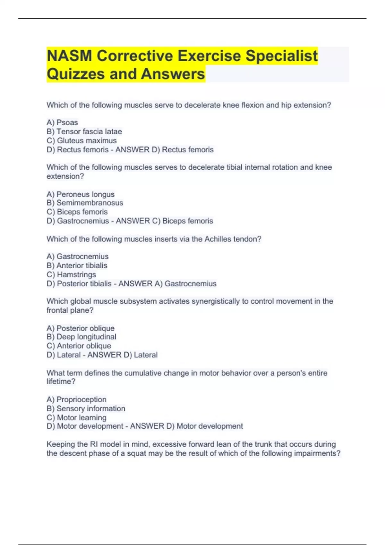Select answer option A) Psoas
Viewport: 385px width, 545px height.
click(x=62, y=122)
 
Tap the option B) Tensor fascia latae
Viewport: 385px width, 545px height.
click(x=84, y=131)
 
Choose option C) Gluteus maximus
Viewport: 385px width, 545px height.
click(x=81, y=140)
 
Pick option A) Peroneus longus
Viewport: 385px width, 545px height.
click(x=81, y=194)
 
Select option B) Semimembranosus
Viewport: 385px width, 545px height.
click(x=85, y=203)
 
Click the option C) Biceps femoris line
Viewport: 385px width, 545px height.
click(x=77, y=212)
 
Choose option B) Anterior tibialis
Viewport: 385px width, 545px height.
click(x=77, y=265)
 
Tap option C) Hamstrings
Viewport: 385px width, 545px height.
click(x=71, y=274)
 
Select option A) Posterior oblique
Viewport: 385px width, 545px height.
click(x=81, y=328)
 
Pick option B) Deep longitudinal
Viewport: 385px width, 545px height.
click(x=81, y=337)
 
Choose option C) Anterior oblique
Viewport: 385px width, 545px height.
click(x=79, y=346)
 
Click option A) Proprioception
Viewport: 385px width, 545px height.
click(x=76, y=399)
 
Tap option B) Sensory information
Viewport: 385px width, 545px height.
click(x=86, y=408)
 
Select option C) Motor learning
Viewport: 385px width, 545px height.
click(x=76, y=417)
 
